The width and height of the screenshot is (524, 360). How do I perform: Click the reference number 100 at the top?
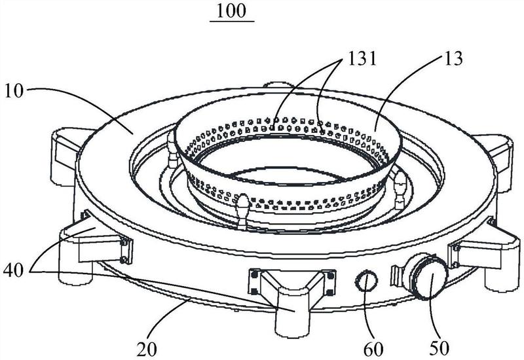coord(231,10)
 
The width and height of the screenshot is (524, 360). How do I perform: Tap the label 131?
coord(362,59)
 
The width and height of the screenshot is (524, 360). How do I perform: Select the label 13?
coord(453,58)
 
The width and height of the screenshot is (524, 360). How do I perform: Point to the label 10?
coord(14,90)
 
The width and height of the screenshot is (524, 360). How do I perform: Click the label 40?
coord(14,270)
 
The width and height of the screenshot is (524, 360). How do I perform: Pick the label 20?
coord(147,350)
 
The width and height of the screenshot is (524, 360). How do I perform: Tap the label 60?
coord(373,350)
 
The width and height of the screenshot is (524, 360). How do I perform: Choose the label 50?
coord(439,348)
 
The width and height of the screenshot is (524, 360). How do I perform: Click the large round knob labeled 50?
coord(430,277)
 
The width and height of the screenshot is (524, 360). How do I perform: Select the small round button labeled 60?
coord(366,281)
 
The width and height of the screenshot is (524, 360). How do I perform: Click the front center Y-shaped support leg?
coord(290,300)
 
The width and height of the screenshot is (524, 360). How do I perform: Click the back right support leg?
coord(494,160)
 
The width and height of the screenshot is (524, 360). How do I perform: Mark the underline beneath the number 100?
coord(232,21)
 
